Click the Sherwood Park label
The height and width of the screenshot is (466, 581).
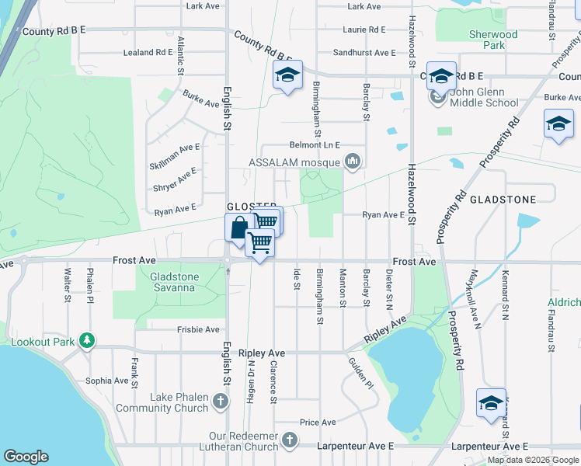point(493,40)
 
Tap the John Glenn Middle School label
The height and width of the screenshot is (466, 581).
point(483,97)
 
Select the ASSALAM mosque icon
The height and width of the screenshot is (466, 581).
point(353,162)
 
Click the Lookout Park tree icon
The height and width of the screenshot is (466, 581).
point(88,340)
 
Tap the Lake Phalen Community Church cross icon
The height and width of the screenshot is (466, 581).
point(221,402)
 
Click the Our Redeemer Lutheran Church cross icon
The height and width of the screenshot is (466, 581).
point(290,440)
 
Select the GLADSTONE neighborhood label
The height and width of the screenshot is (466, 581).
point(502,200)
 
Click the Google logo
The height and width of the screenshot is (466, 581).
point(26,456)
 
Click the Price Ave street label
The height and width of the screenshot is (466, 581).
point(318,423)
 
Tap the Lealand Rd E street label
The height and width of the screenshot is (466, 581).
point(148,53)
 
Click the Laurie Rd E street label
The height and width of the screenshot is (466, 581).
point(364,30)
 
